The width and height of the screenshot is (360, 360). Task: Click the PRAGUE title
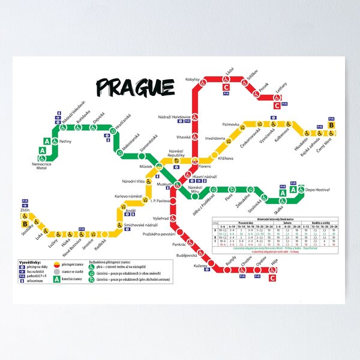136,88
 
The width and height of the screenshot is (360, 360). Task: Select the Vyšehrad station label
161,218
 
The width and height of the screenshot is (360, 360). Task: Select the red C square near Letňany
277,106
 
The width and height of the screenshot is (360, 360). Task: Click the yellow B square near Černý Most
338,124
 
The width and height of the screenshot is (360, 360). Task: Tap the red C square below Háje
273,278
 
